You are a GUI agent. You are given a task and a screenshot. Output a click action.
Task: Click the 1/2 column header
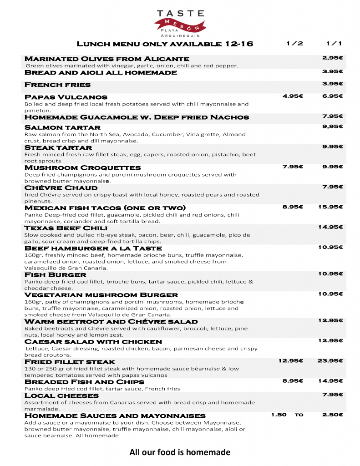(294, 44)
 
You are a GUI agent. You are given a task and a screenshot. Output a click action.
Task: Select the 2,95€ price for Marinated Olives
(332, 58)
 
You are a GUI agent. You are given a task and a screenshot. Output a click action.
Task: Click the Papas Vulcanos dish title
(66, 97)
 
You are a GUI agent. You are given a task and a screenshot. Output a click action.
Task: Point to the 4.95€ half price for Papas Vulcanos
(293, 96)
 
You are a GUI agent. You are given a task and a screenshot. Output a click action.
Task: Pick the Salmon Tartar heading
(62, 127)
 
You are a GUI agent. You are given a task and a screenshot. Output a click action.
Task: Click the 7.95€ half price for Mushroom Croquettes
(293, 167)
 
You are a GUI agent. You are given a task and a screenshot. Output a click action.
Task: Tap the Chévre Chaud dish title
(61, 188)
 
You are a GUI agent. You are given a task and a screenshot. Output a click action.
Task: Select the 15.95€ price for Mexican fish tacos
(330, 207)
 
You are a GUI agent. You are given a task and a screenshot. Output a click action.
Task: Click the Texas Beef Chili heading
(66, 228)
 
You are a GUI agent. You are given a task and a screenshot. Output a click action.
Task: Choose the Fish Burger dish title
(55, 275)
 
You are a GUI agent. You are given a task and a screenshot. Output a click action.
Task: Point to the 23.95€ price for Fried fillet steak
(330, 361)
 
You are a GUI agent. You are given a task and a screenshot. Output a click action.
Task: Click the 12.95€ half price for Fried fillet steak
(291, 361)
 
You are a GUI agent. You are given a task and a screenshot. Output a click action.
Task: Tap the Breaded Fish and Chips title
(84, 382)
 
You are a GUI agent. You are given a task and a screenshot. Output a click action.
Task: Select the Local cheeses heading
(61, 395)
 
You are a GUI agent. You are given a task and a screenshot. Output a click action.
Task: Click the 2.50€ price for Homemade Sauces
(332, 415)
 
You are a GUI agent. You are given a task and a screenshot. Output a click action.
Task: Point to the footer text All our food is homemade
(180, 452)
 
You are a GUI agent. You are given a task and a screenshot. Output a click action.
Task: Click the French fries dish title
(57, 85)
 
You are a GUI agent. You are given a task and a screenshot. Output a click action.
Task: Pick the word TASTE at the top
(180, 14)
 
